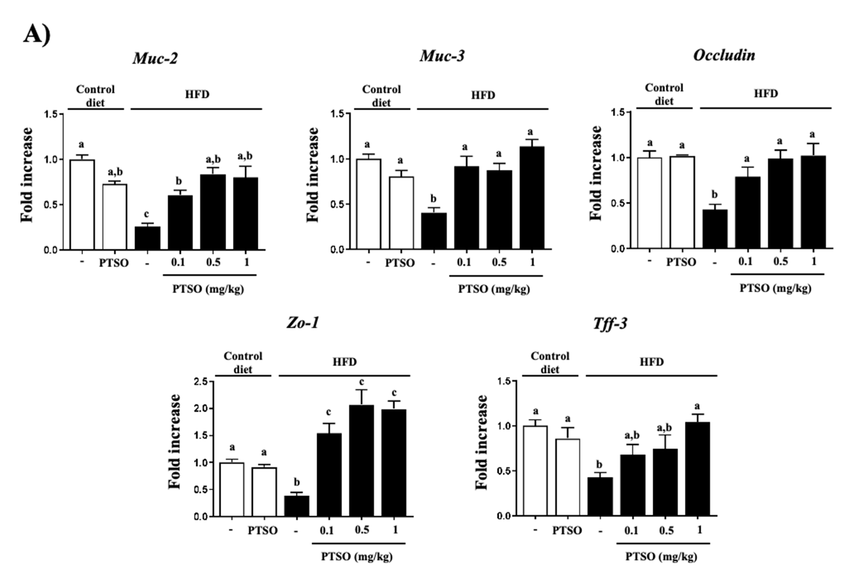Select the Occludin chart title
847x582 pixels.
coord(724,55)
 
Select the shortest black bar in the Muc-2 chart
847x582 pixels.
coord(147,238)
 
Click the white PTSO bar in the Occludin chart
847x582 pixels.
coord(682,202)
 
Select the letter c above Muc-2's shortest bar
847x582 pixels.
coord(146,214)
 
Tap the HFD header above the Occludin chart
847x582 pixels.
coord(766,94)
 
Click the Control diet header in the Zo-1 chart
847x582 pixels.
coord(243,362)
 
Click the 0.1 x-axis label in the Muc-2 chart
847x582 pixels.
coord(178,262)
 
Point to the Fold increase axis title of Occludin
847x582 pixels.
coord(596,173)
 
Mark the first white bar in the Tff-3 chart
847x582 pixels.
coord(535,471)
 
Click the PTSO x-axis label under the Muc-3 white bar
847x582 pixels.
coord(400,263)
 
